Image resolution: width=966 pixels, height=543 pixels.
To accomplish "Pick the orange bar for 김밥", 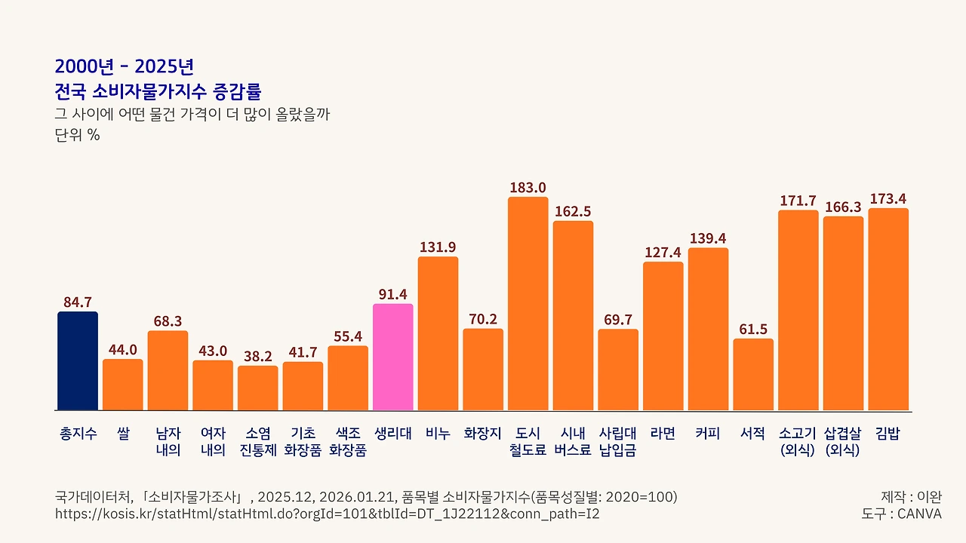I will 888,309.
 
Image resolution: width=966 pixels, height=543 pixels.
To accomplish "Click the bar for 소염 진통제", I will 257,388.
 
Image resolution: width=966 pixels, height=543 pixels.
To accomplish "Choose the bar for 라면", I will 663,336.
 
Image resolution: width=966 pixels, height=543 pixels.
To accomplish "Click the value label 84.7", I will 78,302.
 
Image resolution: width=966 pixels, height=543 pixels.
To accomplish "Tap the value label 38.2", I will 257,357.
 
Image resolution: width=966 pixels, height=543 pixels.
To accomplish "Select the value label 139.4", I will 708,238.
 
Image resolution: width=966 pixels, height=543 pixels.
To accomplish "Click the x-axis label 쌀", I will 123,434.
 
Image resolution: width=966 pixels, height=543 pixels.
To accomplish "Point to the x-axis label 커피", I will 708,434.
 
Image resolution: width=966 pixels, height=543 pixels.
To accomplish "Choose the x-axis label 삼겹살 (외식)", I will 843,442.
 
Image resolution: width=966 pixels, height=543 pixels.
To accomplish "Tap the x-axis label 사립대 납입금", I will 617,442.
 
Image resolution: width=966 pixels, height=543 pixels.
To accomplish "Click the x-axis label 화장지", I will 482,434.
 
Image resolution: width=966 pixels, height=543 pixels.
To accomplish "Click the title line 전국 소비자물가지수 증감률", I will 158,92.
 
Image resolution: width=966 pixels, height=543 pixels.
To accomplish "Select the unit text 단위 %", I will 77,136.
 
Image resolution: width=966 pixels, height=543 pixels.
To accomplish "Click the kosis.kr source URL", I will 328,514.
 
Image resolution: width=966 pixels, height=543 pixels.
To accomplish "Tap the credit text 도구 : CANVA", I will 901,514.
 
